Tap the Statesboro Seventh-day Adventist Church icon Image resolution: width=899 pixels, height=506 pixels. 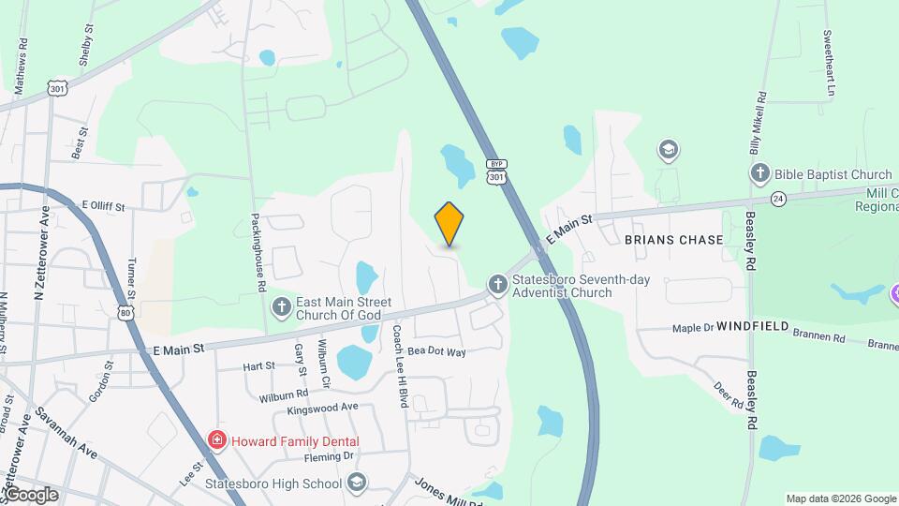(x=497, y=284)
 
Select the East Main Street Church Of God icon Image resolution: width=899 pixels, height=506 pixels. (x=280, y=306)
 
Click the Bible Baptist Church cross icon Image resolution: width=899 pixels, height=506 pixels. (x=759, y=173)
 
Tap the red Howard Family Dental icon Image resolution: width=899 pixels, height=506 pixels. (x=217, y=439)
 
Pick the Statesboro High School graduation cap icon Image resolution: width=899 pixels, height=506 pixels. (x=356, y=483)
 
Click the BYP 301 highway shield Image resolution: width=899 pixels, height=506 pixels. (x=496, y=172)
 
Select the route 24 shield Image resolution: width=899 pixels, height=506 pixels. (x=778, y=199)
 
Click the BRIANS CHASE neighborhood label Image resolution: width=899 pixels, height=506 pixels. (x=674, y=240)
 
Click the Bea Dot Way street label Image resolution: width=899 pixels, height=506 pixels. (x=435, y=351)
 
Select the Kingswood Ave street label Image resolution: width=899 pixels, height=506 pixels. (x=323, y=408)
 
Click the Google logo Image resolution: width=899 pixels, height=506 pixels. (x=31, y=495)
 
